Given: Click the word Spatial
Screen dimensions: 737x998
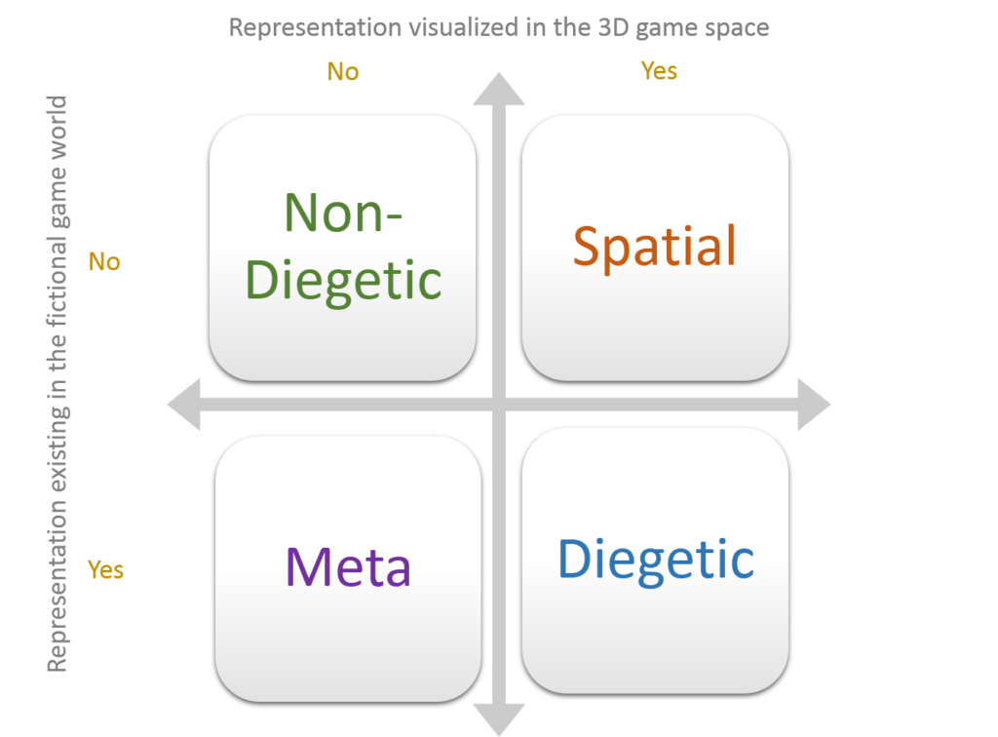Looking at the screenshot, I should click(x=654, y=246).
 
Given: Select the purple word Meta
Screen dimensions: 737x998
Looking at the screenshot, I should click(x=348, y=565).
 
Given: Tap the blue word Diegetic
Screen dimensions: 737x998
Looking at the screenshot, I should click(x=655, y=560).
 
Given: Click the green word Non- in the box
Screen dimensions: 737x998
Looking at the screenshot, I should click(x=343, y=212).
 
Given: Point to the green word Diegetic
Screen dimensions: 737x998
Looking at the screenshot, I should click(x=343, y=281).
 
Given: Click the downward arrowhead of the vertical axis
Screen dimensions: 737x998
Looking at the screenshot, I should click(x=499, y=719).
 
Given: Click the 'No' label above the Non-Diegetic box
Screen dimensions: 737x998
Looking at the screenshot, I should click(x=343, y=72).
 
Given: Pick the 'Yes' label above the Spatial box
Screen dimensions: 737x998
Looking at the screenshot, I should click(x=659, y=71).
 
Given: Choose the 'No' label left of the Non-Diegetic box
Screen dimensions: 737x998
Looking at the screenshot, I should click(x=104, y=261).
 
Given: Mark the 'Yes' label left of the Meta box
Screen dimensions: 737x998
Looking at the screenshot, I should click(x=105, y=569).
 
